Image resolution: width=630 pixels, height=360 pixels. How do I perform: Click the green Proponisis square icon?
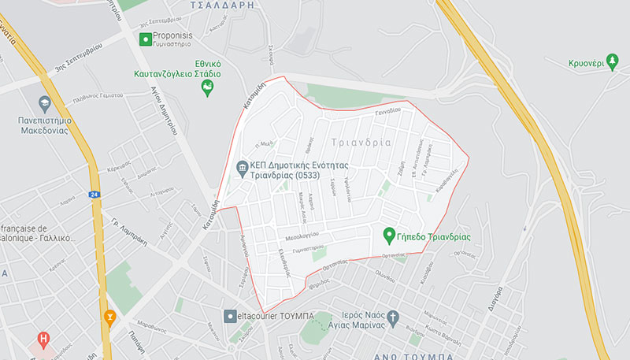point(145,39)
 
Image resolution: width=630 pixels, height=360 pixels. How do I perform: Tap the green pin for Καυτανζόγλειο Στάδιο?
point(208,88)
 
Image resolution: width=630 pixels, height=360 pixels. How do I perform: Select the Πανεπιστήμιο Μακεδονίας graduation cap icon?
point(45,102)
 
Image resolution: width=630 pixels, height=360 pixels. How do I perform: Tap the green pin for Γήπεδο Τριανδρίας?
point(388,236)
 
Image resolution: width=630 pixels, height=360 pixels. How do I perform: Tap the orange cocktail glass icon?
point(109,319)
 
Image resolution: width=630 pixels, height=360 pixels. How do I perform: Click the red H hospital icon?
point(44,340)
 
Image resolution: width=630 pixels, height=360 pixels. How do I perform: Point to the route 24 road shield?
point(94,194)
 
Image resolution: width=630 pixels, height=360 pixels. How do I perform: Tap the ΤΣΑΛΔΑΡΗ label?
point(224,5)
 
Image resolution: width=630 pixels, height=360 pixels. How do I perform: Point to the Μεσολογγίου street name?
point(301,235)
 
